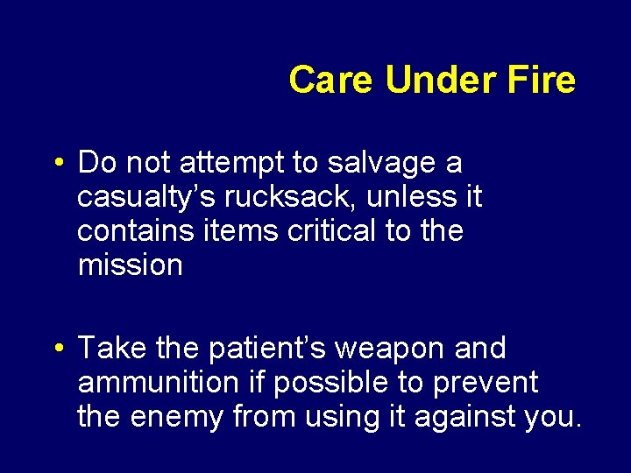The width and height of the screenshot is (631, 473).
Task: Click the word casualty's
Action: point(140,198)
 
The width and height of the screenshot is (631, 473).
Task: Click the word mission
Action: point(130,265)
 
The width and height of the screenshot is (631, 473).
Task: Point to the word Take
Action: point(112,349)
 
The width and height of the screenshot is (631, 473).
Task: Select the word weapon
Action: point(391,349)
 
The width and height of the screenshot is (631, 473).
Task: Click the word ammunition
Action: point(158,383)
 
